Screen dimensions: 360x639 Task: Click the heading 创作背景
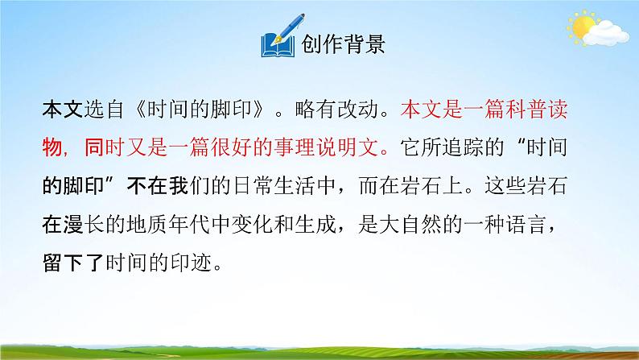[x=343, y=43]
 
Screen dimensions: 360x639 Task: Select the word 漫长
[x=87, y=225]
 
